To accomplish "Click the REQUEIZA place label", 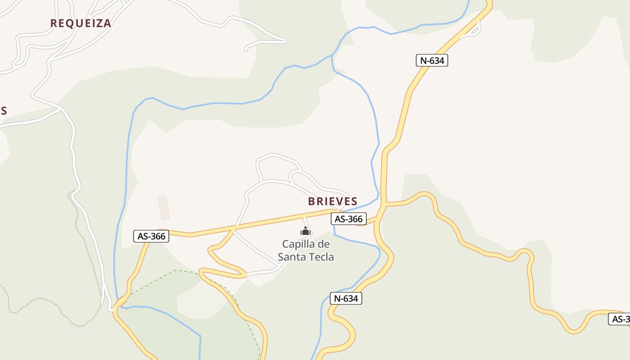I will click(81, 23).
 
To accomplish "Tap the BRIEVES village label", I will click(333, 201).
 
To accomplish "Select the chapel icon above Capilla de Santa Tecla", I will click(306, 232).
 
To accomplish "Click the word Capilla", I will click(297, 244).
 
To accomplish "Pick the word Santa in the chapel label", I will click(291, 257).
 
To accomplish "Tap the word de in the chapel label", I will click(324, 244).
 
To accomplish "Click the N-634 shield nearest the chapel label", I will click(346, 298).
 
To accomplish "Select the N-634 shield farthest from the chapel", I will click(432, 60).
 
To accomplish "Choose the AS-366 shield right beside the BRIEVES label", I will click(349, 219).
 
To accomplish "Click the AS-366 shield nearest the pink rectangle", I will click(151, 236).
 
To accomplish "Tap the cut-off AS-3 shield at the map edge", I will click(620, 319).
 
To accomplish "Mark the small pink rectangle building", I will click(164, 207).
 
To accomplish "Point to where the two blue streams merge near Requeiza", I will click(333, 56).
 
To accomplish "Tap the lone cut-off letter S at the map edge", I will click(4, 111).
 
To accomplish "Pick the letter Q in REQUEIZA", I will click(72, 23).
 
